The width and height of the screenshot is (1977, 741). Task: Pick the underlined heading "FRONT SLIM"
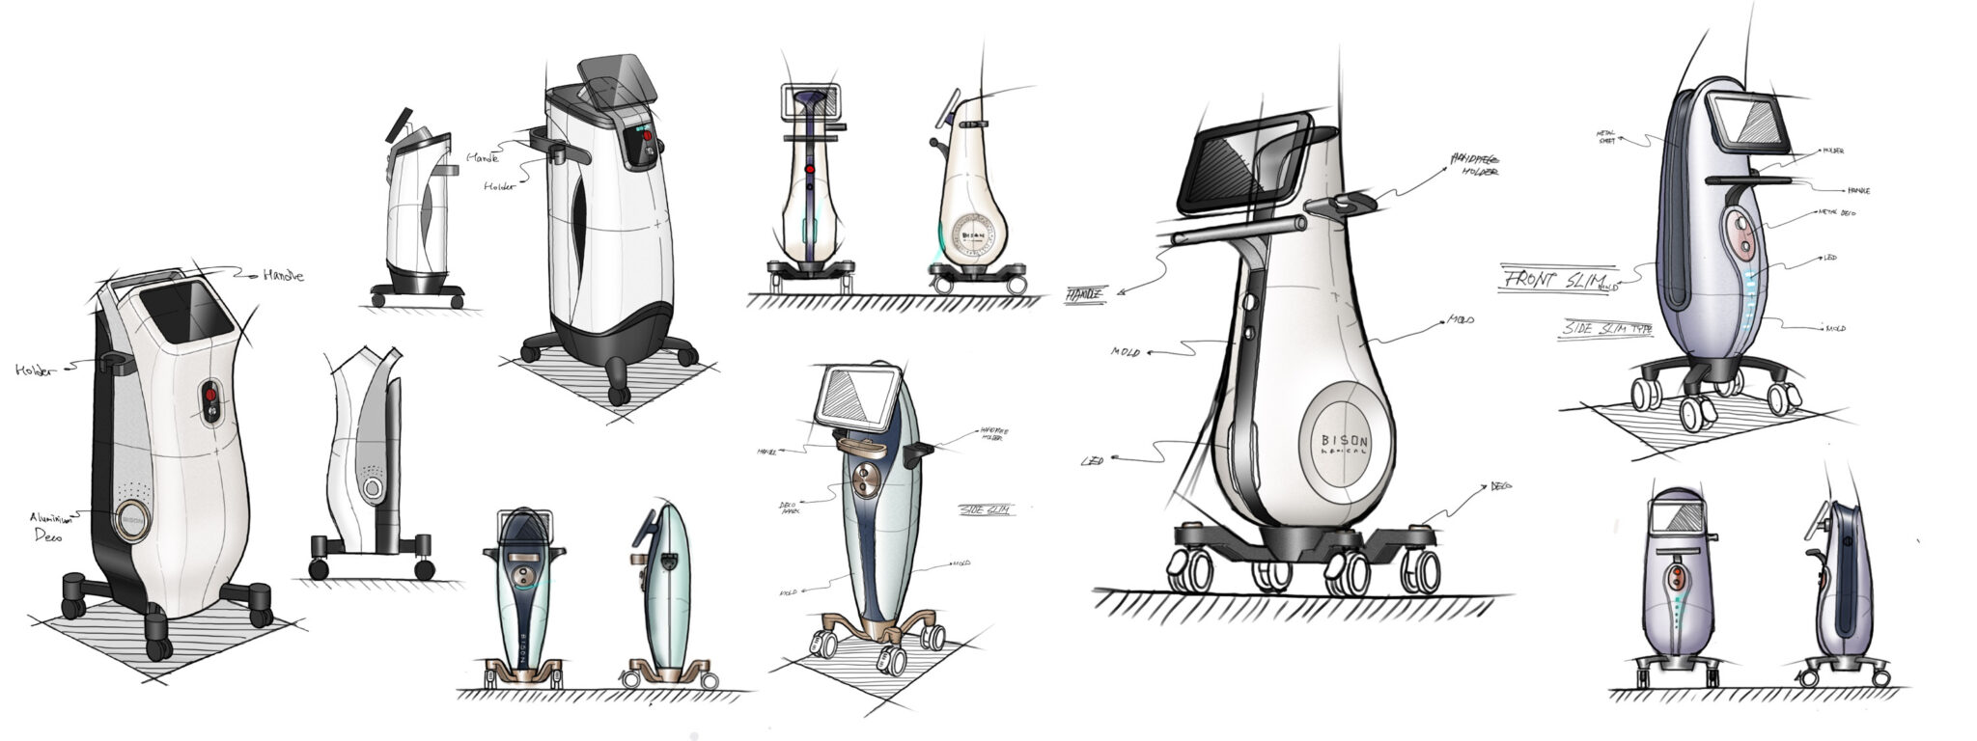coord(1545,280)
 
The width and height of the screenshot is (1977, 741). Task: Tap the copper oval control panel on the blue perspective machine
coord(865,480)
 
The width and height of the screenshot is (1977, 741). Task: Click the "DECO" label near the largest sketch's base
coord(1500,486)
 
